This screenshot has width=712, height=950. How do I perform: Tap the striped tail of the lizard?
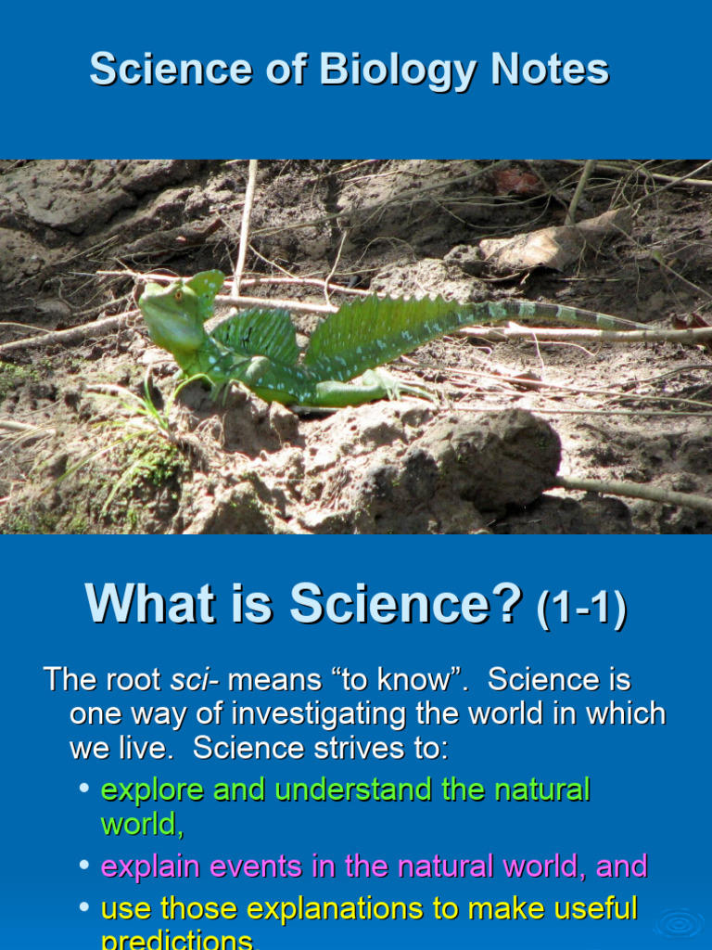coord(566,315)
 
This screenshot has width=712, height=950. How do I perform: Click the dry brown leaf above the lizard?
coord(547,243)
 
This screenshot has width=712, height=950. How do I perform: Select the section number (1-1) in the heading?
coord(582,610)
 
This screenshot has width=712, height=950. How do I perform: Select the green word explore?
coord(152,790)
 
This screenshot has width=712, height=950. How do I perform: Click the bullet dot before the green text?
coord(83,789)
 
